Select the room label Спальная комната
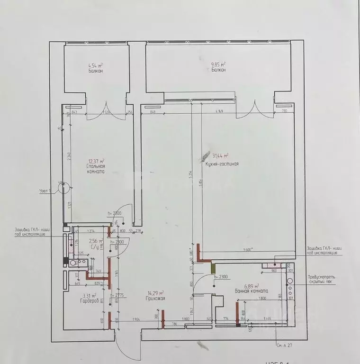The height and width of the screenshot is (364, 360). click(x=96, y=170)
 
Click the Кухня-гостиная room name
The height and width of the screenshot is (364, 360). click(x=222, y=164)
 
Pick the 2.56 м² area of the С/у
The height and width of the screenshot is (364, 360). click(x=96, y=240)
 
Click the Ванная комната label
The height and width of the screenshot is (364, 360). click(x=251, y=291)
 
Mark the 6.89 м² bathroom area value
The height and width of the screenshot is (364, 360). click(x=251, y=286)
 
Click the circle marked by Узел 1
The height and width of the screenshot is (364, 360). click(x=62, y=189)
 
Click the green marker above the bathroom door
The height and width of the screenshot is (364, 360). click(x=213, y=268)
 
